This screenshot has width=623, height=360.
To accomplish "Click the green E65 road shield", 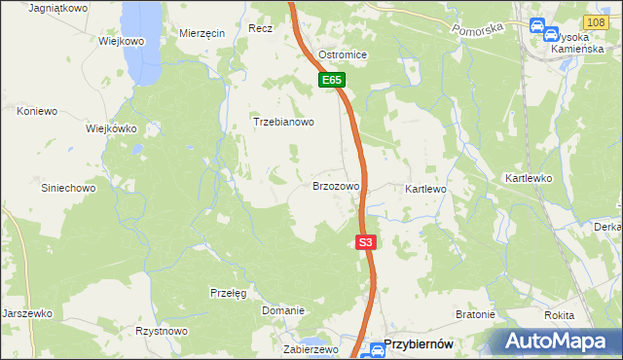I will (332, 81).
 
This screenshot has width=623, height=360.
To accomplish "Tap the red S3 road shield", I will (365, 242).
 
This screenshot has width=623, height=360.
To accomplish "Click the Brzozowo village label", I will (336, 185).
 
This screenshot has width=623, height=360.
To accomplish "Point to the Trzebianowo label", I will (283, 123).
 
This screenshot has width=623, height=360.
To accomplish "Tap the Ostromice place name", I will (343, 54).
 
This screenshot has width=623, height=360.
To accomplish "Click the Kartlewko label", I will (529, 179).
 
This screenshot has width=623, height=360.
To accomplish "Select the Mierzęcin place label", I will (202, 33).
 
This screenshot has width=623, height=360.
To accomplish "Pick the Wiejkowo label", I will (122, 42).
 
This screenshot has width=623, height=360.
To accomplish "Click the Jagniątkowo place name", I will (58, 8).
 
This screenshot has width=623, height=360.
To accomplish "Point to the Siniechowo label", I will (67, 187).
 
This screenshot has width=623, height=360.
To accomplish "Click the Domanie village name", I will (283, 310).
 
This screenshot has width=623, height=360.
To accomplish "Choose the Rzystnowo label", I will (162, 331).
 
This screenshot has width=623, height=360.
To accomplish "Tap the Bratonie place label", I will (476, 315).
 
